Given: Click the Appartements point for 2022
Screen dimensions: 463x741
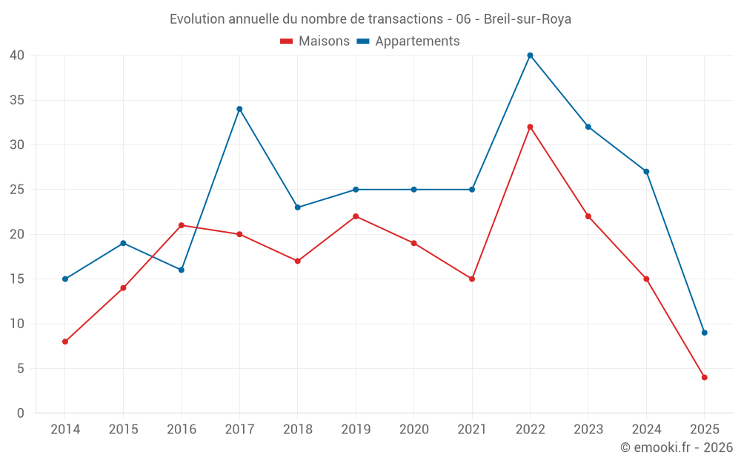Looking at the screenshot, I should (x=530, y=55).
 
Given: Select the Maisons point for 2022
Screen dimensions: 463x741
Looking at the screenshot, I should (x=530, y=127).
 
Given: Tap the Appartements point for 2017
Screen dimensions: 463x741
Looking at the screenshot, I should (x=239, y=109).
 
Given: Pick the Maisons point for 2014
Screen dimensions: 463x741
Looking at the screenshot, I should (x=65, y=342).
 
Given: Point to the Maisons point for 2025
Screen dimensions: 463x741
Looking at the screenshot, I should (x=704, y=377).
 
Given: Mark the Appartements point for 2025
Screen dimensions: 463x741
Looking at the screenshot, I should (x=704, y=333).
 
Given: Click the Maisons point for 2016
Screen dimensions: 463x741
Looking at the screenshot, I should (x=182, y=225).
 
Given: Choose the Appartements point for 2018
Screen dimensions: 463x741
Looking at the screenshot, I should (x=298, y=207).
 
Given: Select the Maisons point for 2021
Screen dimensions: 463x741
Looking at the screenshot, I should (x=472, y=279).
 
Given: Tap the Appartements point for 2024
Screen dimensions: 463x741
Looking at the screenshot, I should (x=646, y=172).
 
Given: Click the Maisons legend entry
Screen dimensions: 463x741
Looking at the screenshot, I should (x=315, y=41).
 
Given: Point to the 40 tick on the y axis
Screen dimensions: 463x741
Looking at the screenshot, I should (x=17, y=55).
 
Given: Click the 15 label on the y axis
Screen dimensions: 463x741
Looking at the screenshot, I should (x=17, y=279).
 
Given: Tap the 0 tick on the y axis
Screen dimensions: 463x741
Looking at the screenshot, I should (x=21, y=413).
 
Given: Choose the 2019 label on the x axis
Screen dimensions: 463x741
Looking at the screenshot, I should (x=356, y=430).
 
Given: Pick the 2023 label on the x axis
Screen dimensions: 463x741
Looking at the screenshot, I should (x=588, y=430).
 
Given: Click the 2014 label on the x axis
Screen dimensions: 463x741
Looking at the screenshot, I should (x=65, y=430).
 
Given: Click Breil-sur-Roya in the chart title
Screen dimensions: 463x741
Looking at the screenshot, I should (x=527, y=19).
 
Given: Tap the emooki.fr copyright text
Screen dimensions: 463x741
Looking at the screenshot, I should (x=676, y=447).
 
